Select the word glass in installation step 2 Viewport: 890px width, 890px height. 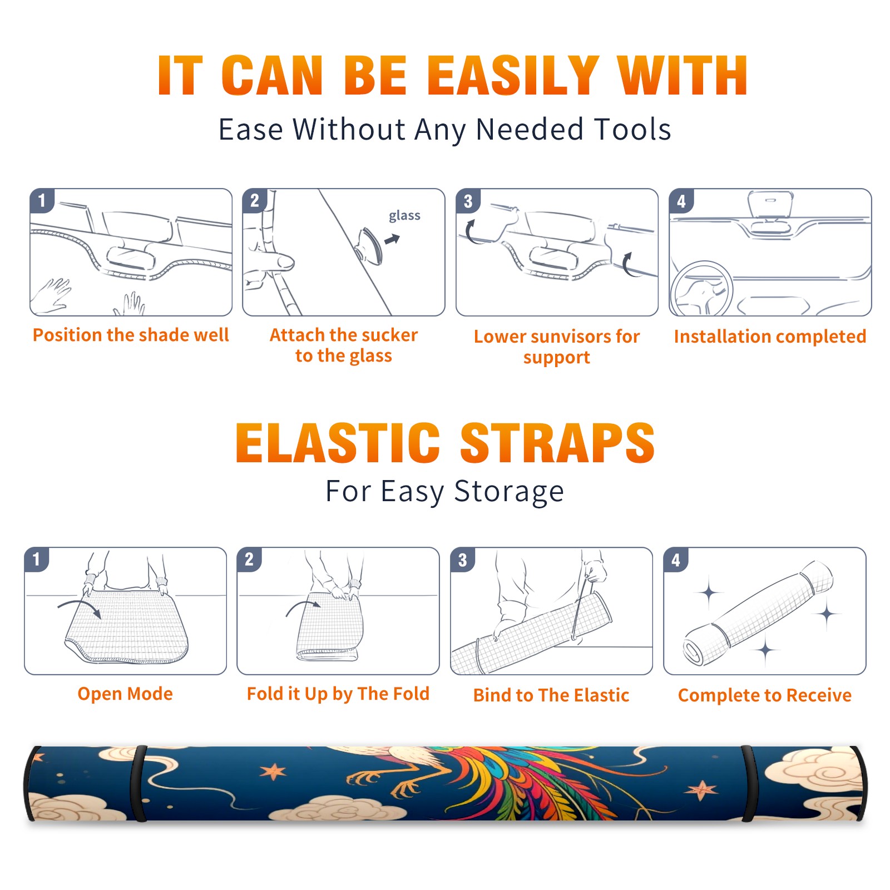[x=404, y=216]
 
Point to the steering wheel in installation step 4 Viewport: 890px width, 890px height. [x=701, y=289]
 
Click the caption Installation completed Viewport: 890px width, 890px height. [x=770, y=337]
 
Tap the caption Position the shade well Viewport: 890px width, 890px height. [x=131, y=335]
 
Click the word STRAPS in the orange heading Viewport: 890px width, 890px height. [x=558, y=443]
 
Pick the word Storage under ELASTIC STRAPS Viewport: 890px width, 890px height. [x=509, y=492]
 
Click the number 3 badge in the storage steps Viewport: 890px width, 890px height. [x=463, y=560]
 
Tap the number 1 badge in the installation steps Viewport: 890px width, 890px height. [x=42, y=200]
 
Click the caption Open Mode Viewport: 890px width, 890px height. [x=125, y=694]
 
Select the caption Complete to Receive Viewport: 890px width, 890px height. [x=765, y=695]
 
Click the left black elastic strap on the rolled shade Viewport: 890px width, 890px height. [x=139, y=783]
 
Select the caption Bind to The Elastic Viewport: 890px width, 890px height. [x=551, y=695]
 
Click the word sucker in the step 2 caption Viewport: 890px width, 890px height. [x=390, y=335]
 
